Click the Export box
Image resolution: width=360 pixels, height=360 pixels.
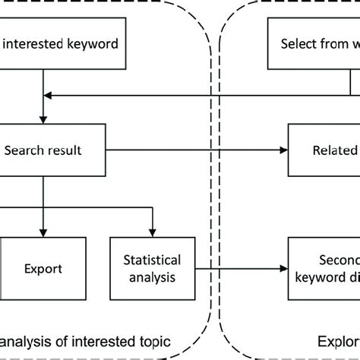click(x=43, y=268)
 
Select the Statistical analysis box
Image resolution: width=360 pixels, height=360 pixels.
click(x=153, y=268)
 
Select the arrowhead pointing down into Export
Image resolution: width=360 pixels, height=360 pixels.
click(x=43, y=232)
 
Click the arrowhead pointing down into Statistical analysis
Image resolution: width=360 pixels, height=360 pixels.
click(x=153, y=232)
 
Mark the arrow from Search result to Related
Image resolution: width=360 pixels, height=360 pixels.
click(x=197, y=150)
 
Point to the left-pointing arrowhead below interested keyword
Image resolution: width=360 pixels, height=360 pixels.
click(x=48, y=96)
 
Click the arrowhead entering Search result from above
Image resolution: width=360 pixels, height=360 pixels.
click(x=43, y=119)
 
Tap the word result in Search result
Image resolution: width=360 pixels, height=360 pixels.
click(x=64, y=150)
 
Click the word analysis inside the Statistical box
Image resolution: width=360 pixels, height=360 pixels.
click(x=153, y=277)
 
